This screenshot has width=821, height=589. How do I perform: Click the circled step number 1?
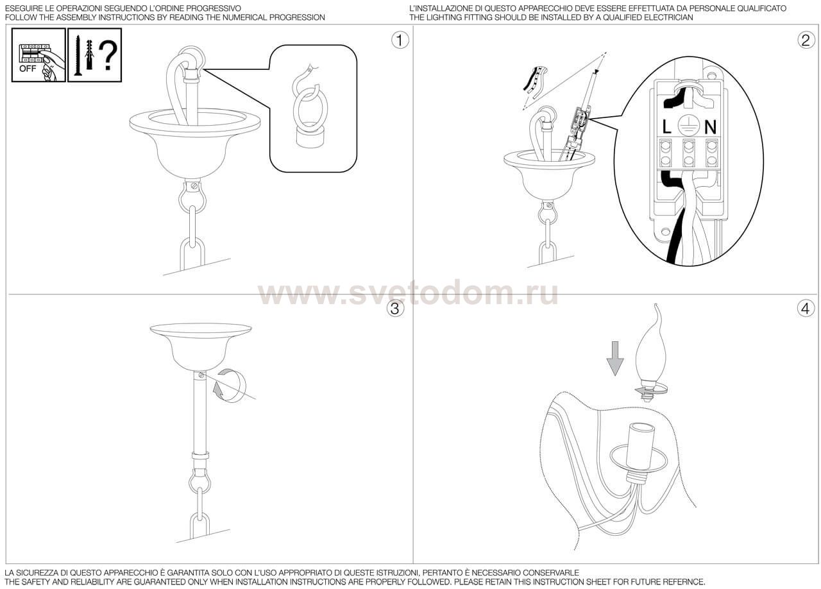tap(400, 40)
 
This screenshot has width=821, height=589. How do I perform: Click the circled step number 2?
tap(806, 40)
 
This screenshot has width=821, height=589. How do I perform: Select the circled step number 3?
tap(395, 309)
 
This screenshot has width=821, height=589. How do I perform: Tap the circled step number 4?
tap(806, 309)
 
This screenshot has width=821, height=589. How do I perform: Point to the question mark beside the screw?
tap(108, 56)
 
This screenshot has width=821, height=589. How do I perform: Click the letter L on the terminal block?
tap(667, 127)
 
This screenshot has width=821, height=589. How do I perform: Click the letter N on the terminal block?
tap(710, 127)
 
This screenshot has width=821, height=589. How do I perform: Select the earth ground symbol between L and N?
tap(688, 125)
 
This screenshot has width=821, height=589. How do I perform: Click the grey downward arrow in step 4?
tap(615, 357)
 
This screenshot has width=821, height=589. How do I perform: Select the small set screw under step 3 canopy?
tap(201, 374)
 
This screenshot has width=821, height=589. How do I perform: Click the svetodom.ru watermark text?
tap(408, 294)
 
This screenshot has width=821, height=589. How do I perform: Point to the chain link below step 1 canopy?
tap(193, 252)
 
